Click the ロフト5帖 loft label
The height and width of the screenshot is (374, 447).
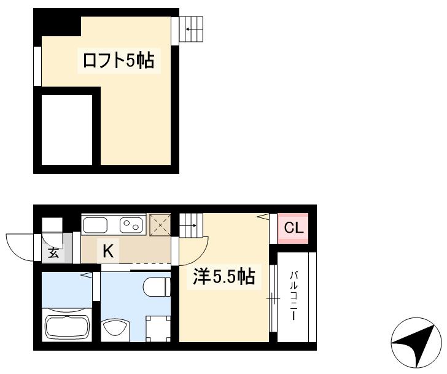[119, 61]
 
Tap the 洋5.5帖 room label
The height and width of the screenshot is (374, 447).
[223, 276]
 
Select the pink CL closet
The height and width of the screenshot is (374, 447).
[293, 228]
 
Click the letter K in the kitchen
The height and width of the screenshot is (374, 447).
[108, 251]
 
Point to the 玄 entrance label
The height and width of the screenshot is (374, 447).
[53, 253]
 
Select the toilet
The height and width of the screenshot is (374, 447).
[157, 287]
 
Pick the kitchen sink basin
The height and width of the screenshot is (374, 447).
[95, 225]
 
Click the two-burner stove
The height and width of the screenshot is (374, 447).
[131, 225]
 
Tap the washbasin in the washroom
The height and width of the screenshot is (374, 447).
[115, 330]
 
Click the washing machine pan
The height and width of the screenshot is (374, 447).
[158, 329]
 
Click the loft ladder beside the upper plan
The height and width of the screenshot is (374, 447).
[191, 29]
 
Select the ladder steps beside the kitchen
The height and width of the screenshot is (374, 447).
[191, 225]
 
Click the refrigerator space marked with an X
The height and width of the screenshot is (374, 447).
[160, 225]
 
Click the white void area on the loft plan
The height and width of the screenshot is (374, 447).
[67, 130]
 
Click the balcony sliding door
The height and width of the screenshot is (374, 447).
[273, 298]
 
